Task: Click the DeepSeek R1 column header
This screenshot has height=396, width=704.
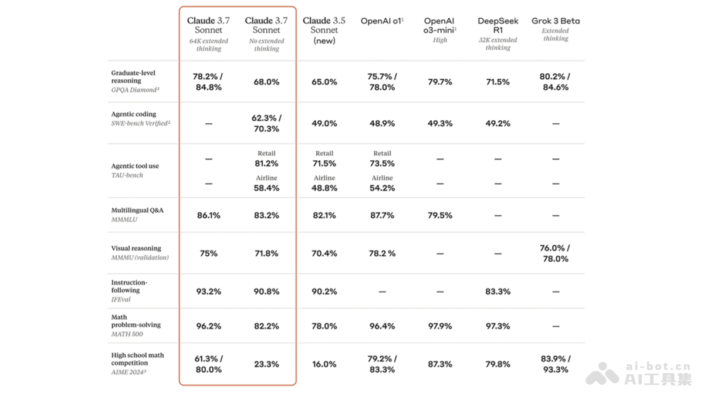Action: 497,25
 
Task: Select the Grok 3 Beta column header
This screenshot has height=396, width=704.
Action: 556,21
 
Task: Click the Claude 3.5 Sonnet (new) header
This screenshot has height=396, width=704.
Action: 324,30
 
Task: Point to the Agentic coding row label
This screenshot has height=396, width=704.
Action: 134,114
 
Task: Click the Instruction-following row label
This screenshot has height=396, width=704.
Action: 130,286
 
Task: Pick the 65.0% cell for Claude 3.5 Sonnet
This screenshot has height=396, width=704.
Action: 324,82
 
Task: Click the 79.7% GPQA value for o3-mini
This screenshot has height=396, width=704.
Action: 440,82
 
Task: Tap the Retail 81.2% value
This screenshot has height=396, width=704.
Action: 266,164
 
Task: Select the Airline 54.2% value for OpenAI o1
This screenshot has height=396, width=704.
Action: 382,188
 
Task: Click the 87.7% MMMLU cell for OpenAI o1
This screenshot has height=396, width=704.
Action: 382,215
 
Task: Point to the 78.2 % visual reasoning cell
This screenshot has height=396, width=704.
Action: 382,253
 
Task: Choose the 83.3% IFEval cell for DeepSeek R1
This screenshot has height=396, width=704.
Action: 497,292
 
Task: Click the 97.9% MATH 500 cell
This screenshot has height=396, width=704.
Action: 440,326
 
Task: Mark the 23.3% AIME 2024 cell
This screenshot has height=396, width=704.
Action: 266,364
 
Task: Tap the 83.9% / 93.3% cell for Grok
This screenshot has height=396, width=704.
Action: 556,364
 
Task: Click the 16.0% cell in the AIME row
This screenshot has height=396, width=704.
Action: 324,364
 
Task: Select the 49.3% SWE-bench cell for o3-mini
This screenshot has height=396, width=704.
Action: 440,124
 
